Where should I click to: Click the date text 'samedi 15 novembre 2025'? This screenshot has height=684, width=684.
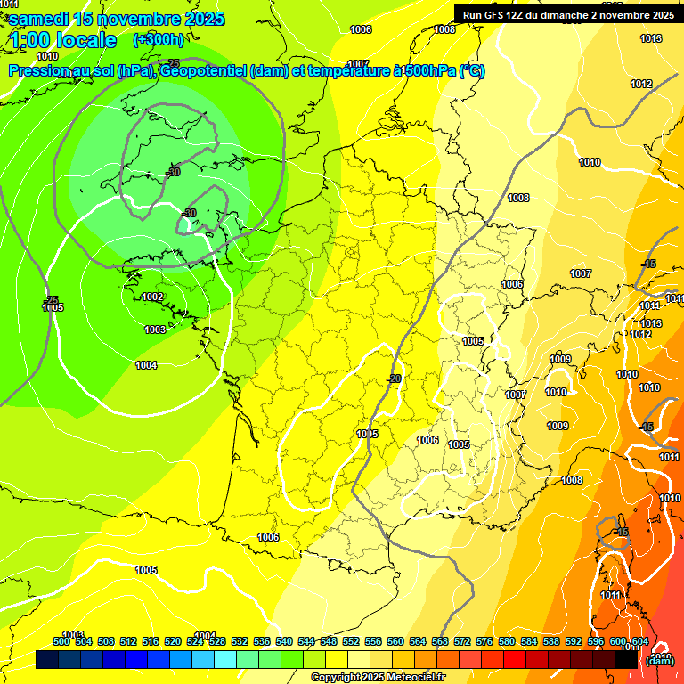[x=116, y=19]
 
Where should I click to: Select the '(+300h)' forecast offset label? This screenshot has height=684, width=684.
[x=159, y=39]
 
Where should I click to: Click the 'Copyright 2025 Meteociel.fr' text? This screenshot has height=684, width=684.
[x=378, y=677]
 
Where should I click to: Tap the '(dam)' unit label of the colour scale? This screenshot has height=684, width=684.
[x=659, y=660]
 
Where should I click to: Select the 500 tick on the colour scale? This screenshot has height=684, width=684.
[x=61, y=641]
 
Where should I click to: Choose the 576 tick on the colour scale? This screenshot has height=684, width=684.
[x=484, y=641]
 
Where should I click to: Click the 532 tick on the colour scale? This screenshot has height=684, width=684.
[x=240, y=641]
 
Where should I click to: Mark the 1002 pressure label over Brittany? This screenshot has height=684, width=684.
[x=152, y=297]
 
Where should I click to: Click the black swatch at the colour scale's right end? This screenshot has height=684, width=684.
[x=626, y=659]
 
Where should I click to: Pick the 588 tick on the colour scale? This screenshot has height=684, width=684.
[x=551, y=641]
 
